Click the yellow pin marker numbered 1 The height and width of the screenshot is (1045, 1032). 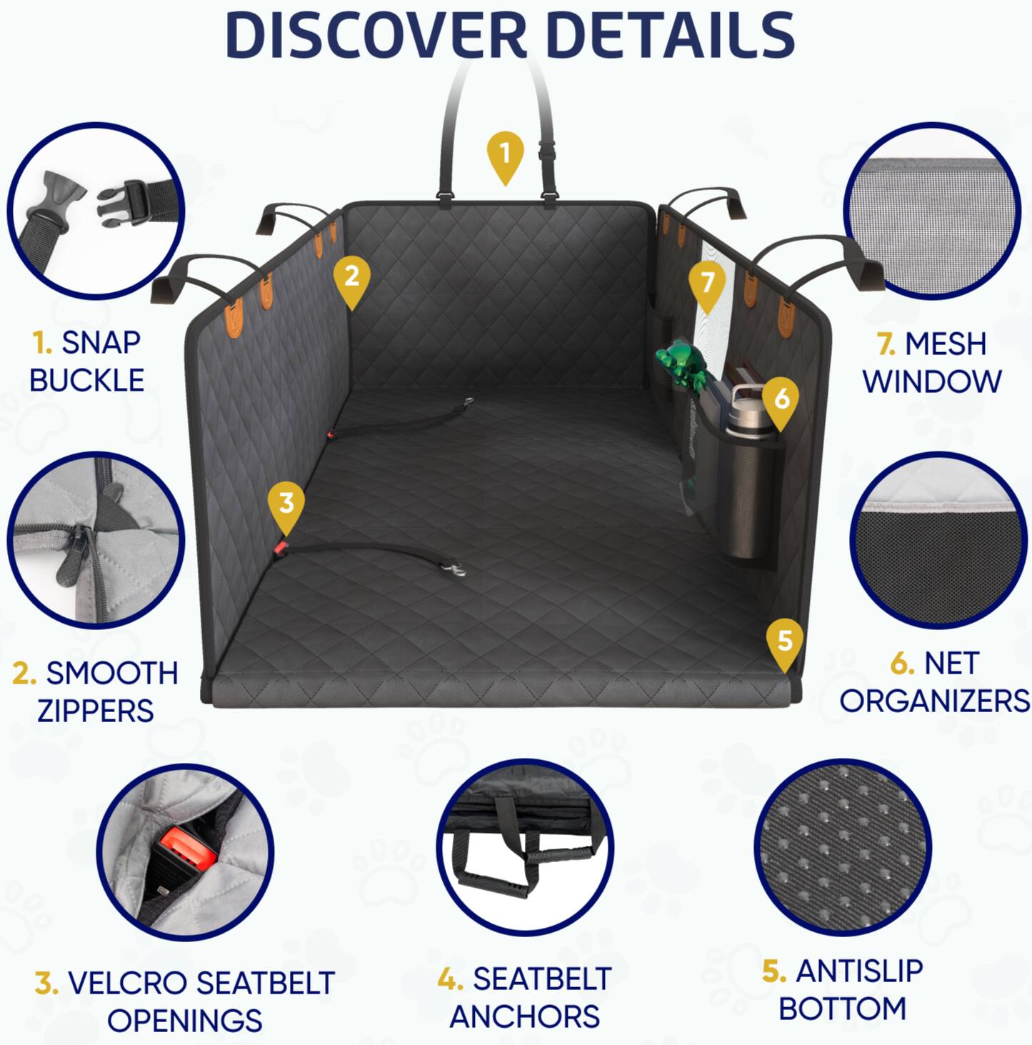(x=505, y=154)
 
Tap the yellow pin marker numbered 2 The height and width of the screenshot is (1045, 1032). (x=351, y=278)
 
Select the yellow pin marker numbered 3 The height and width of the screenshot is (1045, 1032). (x=286, y=504)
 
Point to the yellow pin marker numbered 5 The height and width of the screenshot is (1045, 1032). (x=784, y=641)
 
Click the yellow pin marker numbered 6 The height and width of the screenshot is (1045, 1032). (x=781, y=399)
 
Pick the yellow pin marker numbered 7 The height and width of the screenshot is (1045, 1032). (x=707, y=284)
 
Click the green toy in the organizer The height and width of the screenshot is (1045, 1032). (x=682, y=364)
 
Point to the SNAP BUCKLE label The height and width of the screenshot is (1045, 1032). (x=86, y=361)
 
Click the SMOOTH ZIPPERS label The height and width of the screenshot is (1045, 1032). (x=95, y=691)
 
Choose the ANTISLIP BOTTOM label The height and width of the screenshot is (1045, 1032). (x=843, y=990)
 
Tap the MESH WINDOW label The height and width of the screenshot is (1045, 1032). (x=931, y=363)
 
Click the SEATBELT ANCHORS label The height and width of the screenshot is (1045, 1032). (x=525, y=997)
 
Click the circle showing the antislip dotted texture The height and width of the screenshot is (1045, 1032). (x=842, y=847)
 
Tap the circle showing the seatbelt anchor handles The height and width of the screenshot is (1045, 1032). (x=525, y=847)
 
